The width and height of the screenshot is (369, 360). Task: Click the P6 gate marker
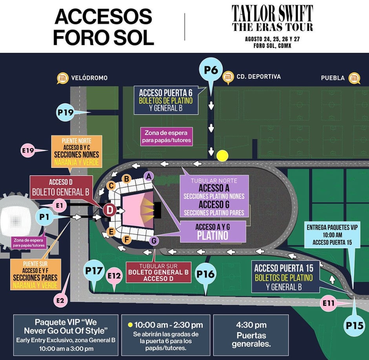(x=211, y=70)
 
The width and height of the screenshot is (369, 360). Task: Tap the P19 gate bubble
(x=65, y=112)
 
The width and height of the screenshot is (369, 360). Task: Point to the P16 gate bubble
(x=205, y=274)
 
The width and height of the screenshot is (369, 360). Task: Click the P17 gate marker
(x=94, y=270)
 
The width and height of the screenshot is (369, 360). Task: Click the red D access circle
(x=110, y=210)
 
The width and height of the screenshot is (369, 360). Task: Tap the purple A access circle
(x=148, y=176)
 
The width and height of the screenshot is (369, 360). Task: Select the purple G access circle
(x=154, y=240)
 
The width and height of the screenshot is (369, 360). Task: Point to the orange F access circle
(x=126, y=239)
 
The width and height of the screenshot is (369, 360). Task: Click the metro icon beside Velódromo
(x=62, y=78)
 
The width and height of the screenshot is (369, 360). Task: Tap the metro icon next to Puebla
(x=354, y=78)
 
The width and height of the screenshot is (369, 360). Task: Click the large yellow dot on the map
(x=222, y=156)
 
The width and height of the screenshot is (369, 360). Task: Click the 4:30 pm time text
(x=251, y=325)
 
